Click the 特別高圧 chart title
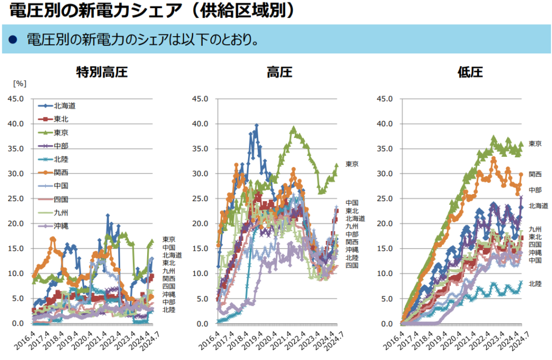(x=102, y=72)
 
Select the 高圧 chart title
(x=280, y=72)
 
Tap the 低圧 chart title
(x=470, y=72)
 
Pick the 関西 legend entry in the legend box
(x=61, y=172)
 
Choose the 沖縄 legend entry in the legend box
(x=61, y=226)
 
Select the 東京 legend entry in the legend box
(x=61, y=132)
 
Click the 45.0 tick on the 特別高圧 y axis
(x=15, y=99)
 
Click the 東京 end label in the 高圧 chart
(x=352, y=164)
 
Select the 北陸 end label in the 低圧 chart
(x=535, y=283)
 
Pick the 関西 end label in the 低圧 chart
(x=535, y=174)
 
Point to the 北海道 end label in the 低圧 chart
(x=538, y=205)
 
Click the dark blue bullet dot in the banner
(x=13, y=40)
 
